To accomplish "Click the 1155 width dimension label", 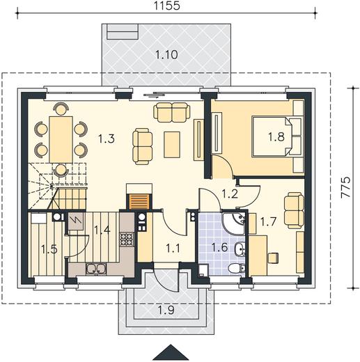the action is [166, 6].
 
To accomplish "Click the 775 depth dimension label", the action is [345, 187].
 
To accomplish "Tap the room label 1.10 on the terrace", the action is [166, 55].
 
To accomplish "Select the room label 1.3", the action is [107, 139].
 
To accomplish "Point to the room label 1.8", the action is [276, 136].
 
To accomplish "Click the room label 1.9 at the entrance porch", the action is [166, 310].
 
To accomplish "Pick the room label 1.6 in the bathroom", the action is [219, 247].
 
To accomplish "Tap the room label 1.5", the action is [49, 249].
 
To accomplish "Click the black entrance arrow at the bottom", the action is [171, 352].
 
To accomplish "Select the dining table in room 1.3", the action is [61, 139].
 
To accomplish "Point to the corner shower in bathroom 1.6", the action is [233, 222].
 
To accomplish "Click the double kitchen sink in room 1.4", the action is [96, 269].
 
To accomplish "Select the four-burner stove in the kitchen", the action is [127, 239].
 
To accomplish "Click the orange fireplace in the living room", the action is [139, 202].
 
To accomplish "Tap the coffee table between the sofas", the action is [172, 145].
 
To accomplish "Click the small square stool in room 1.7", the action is [273, 258].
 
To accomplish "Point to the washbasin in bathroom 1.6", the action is [240, 249].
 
